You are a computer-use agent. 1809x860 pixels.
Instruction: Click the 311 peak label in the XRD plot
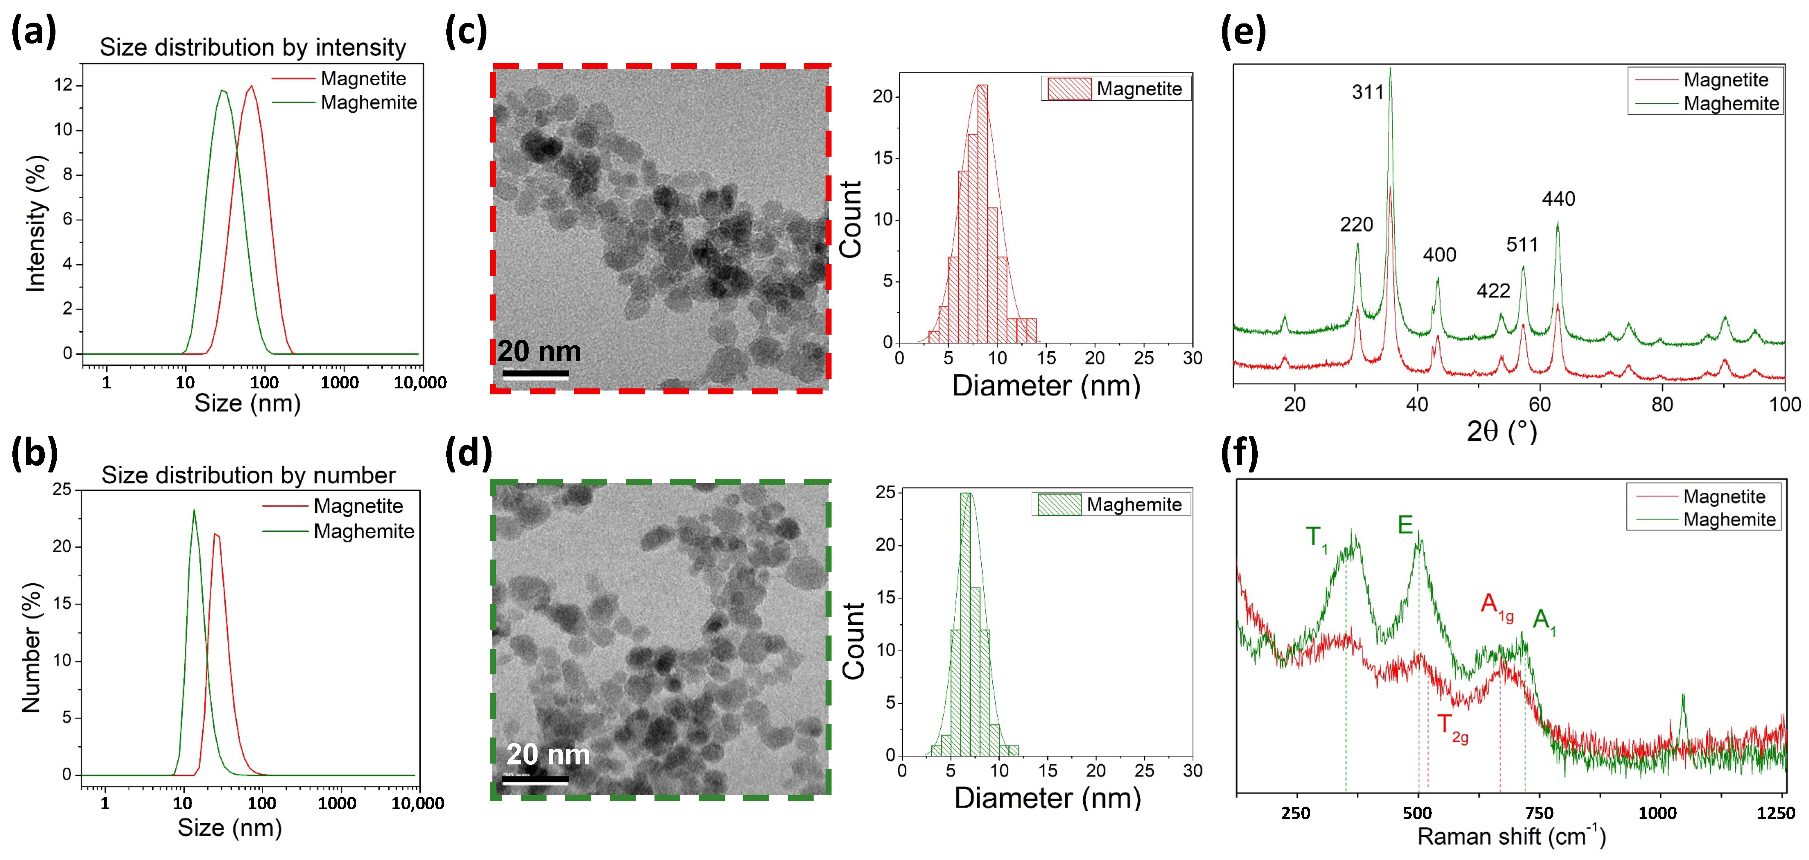(x=1367, y=92)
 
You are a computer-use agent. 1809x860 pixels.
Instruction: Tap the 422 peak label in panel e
(x=1493, y=291)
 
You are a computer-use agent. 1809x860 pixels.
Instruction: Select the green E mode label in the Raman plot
(x=1405, y=525)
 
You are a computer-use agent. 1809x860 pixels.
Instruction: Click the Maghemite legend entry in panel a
(x=368, y=102)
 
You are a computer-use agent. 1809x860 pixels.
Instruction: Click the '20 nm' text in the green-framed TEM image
(x=548, y=754)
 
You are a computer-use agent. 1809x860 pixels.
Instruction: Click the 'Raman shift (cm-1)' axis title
(x=1510, y=836)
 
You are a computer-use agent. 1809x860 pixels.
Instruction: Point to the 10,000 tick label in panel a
(x=420, y=383)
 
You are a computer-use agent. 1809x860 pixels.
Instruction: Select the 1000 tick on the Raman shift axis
(x=1657, y=813)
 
